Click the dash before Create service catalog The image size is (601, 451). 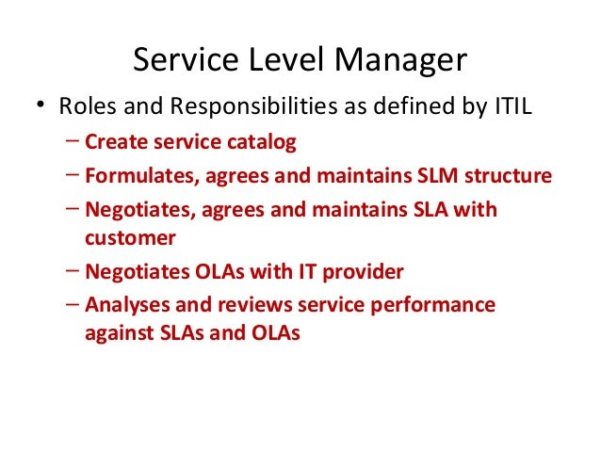(73, 142)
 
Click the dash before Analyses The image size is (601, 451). (73, 305)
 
